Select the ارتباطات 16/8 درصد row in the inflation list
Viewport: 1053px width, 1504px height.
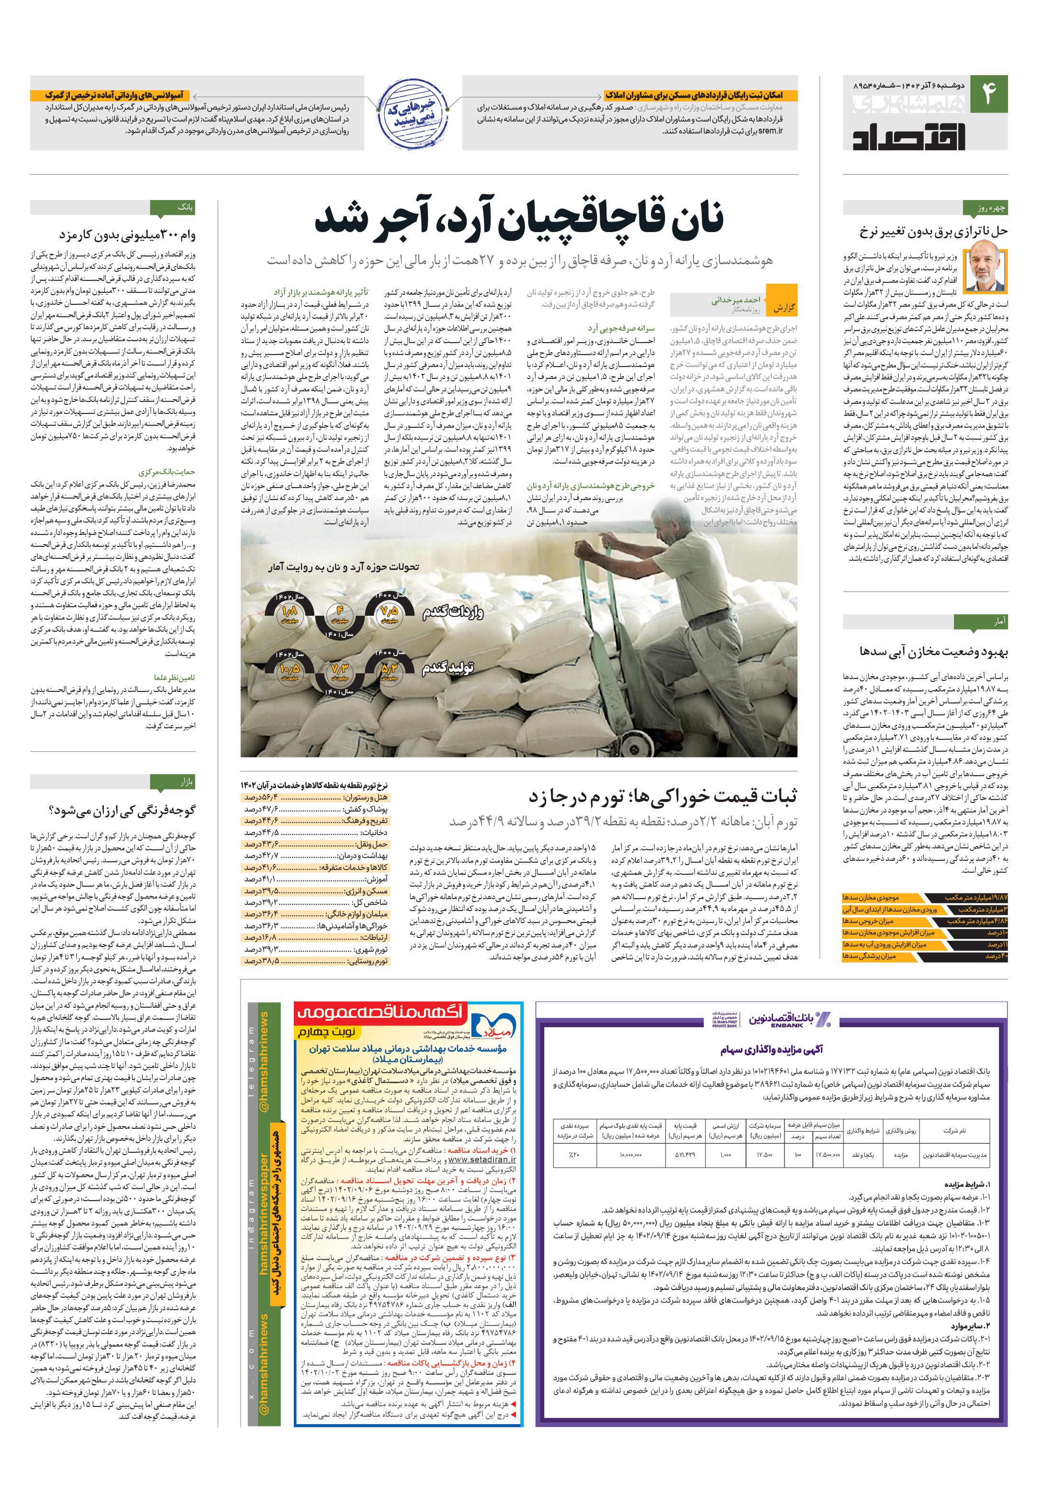point(315,938)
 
